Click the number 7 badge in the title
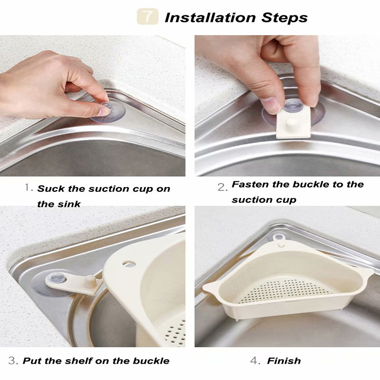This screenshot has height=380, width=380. [148, 17]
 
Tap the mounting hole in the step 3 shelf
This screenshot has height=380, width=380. [127, 264]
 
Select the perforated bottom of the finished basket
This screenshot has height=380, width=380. [284, 289]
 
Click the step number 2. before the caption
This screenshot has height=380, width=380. [222, 188]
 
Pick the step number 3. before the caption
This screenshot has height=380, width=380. [13, 360]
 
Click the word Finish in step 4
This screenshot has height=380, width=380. [284, 361]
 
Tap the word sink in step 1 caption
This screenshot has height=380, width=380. [69, 204]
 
